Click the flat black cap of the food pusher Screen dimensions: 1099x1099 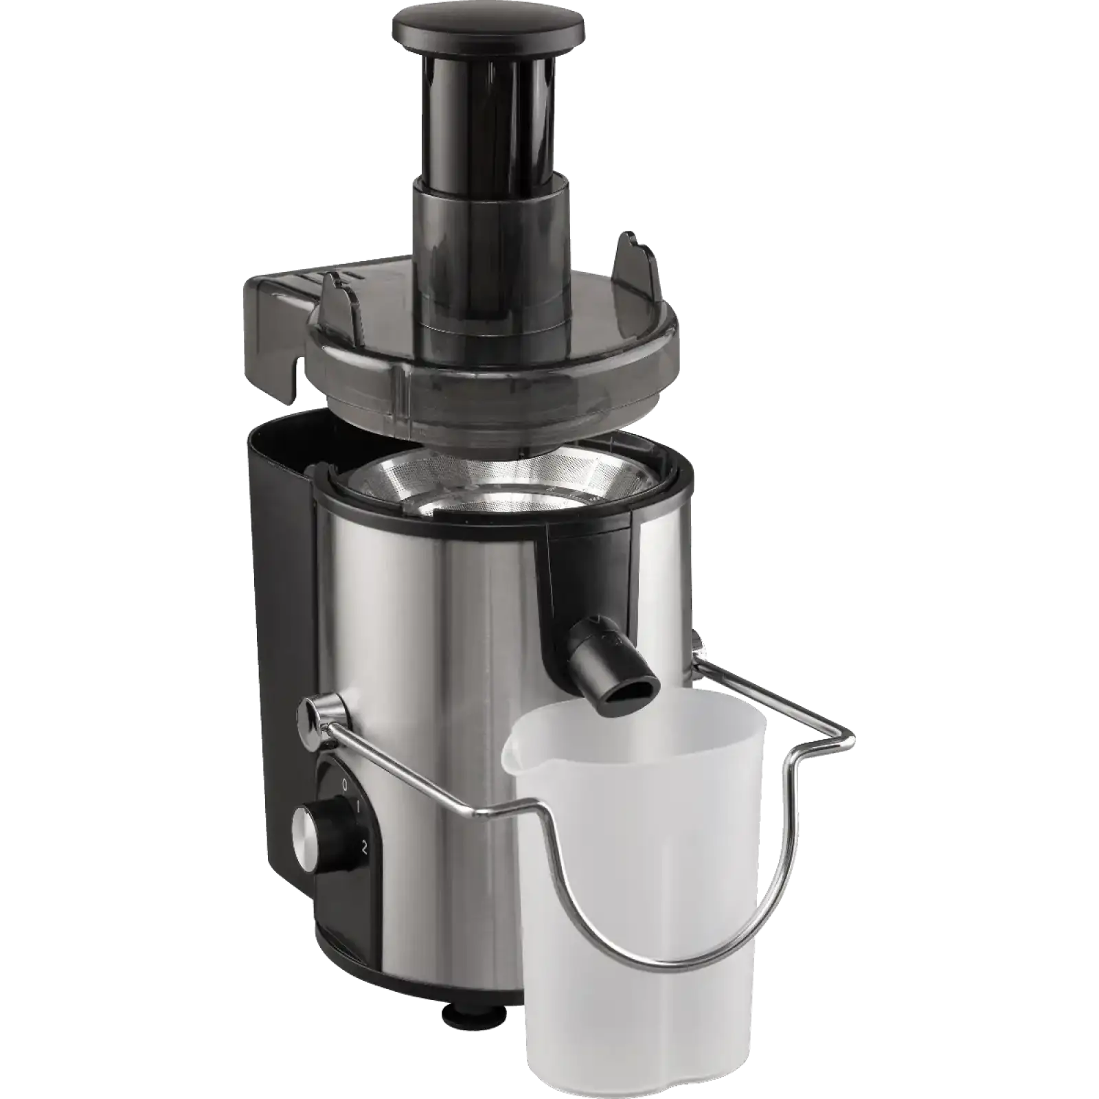coord(488,25)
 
